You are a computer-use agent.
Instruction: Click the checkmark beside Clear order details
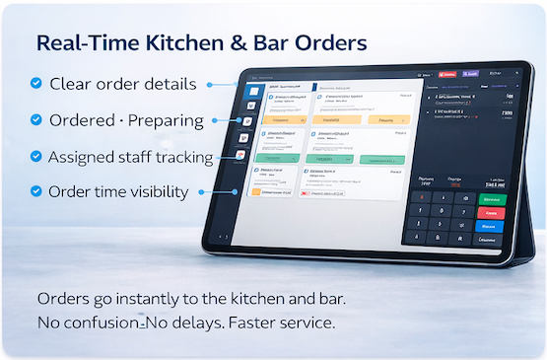point(36,84)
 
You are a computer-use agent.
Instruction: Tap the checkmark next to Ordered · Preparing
point(36,120)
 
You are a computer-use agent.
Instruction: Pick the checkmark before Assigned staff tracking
point(36,156)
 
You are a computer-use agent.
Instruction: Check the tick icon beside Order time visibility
point(36,191)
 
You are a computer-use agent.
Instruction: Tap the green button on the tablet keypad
point(490,199)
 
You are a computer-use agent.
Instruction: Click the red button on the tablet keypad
point(490,212)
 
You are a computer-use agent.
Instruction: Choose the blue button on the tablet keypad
point(490,226)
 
